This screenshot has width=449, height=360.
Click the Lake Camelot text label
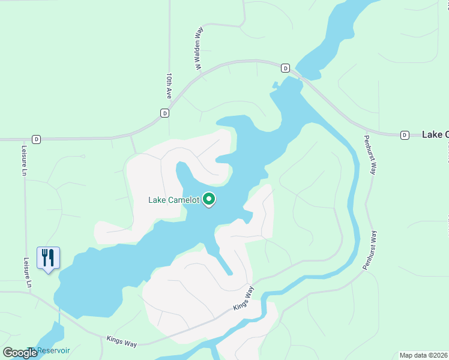click(173, 200)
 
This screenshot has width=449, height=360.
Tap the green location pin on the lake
click(209, 199)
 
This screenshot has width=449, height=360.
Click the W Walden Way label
click(197, 48)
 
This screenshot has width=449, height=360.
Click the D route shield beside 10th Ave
click(164, 113)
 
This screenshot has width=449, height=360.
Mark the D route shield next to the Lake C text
click(405, 135)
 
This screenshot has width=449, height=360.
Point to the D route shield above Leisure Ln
click(37, 139)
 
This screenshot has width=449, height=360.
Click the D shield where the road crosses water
click(285, 68)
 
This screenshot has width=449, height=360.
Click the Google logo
click(20, 353)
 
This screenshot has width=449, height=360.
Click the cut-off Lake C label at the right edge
click(435, 134)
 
